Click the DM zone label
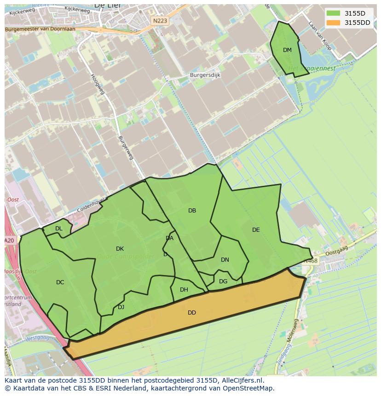(287, 50)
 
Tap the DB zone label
(192, 211)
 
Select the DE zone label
(256, 230)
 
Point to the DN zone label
(225, 260)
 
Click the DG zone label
(223, 281)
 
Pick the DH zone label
(184, 290)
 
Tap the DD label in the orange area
(192, 313)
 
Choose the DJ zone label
(121, 307)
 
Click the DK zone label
(120, 249)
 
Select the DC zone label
(60, 282)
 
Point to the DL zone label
(59, 229)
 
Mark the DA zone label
(169, 238)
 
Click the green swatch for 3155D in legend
(334, 13)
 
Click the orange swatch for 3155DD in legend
(334, 23)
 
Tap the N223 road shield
(160, 21)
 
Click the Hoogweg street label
(98, 84)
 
